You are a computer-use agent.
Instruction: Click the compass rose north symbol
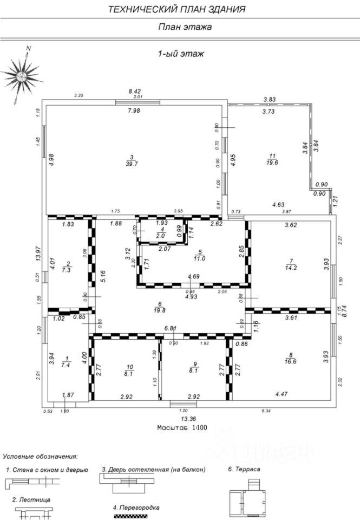(x=21, y=76)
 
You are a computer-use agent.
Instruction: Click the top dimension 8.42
(x=134, y=91)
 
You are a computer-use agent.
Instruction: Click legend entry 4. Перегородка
(x=136, y=508)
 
